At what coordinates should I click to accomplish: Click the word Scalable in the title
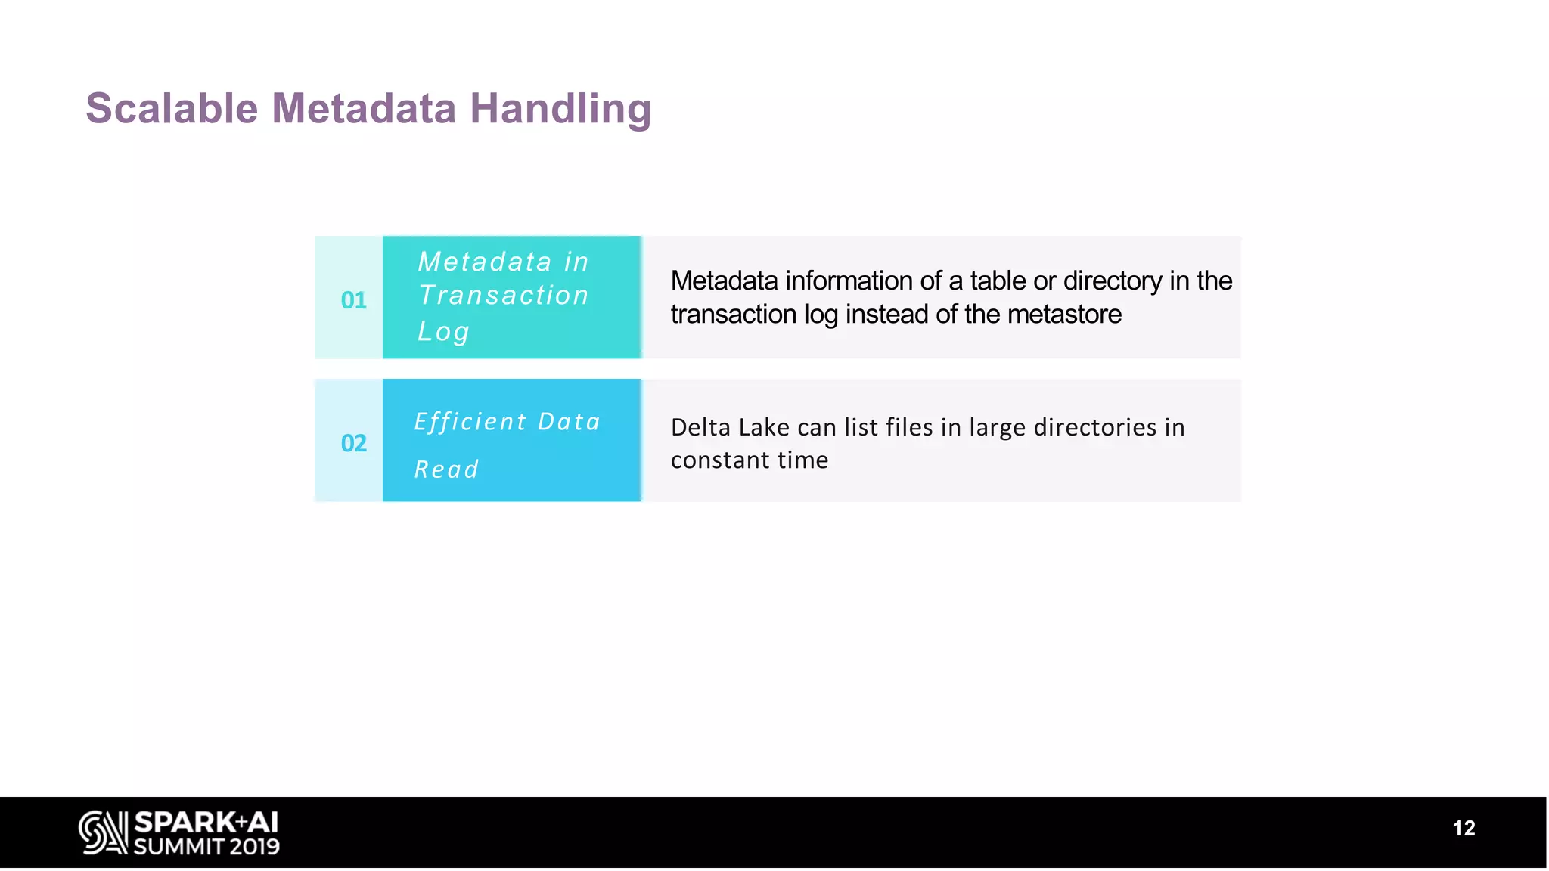(x=172, y=108)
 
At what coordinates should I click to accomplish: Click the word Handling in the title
(x=560, y=108)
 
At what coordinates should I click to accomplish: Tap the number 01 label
(x=353, y=300)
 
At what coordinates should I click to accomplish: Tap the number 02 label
(x=353, y=443)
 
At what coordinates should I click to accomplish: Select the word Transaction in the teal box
(x=504, y=296)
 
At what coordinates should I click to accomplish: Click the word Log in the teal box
(x=444, y=331)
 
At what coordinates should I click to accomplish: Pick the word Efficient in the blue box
(x=470, y=422)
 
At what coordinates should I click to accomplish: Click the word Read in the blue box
(x=446, y=470)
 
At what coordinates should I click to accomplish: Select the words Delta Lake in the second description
(x=730, y=428)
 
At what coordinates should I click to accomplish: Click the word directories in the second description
(x=1095, y=428)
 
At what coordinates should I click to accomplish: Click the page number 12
(x=1464, y=829)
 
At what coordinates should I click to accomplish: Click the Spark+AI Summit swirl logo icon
(x=103, y=832)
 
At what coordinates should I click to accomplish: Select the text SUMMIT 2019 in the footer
(x=206, y=846)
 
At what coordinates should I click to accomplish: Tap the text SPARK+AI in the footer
(x=206, y=822)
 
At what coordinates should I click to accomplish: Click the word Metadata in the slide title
(x=364, y=108)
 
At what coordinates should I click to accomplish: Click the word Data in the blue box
(x=569, y=422)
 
